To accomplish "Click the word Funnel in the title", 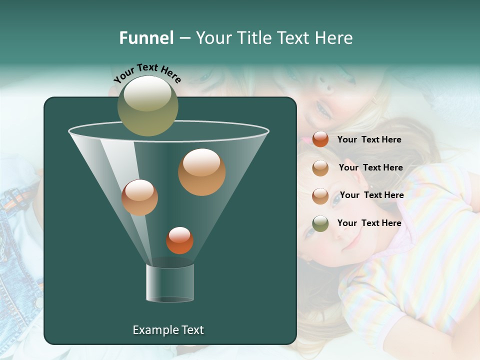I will pos(146,38).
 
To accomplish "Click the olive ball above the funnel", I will pos(148,105).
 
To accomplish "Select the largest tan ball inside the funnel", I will pos(201,171).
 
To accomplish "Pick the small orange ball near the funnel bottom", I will pos(179,240).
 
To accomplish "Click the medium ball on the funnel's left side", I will pos(139,197).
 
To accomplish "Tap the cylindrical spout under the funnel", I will pos(170,283).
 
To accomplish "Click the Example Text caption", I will pos(168,330).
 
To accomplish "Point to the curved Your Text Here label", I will pos(147,73).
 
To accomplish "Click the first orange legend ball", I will pos(320,139).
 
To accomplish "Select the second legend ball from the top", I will pos(320,167).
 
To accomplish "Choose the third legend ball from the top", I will pos(320,195).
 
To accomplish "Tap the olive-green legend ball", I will pos(320,223).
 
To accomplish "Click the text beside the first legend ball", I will pos(369,139).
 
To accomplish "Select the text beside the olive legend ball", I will pos(369,223).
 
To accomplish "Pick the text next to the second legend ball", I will pos(370,167).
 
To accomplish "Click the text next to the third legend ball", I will pos(371,195).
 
